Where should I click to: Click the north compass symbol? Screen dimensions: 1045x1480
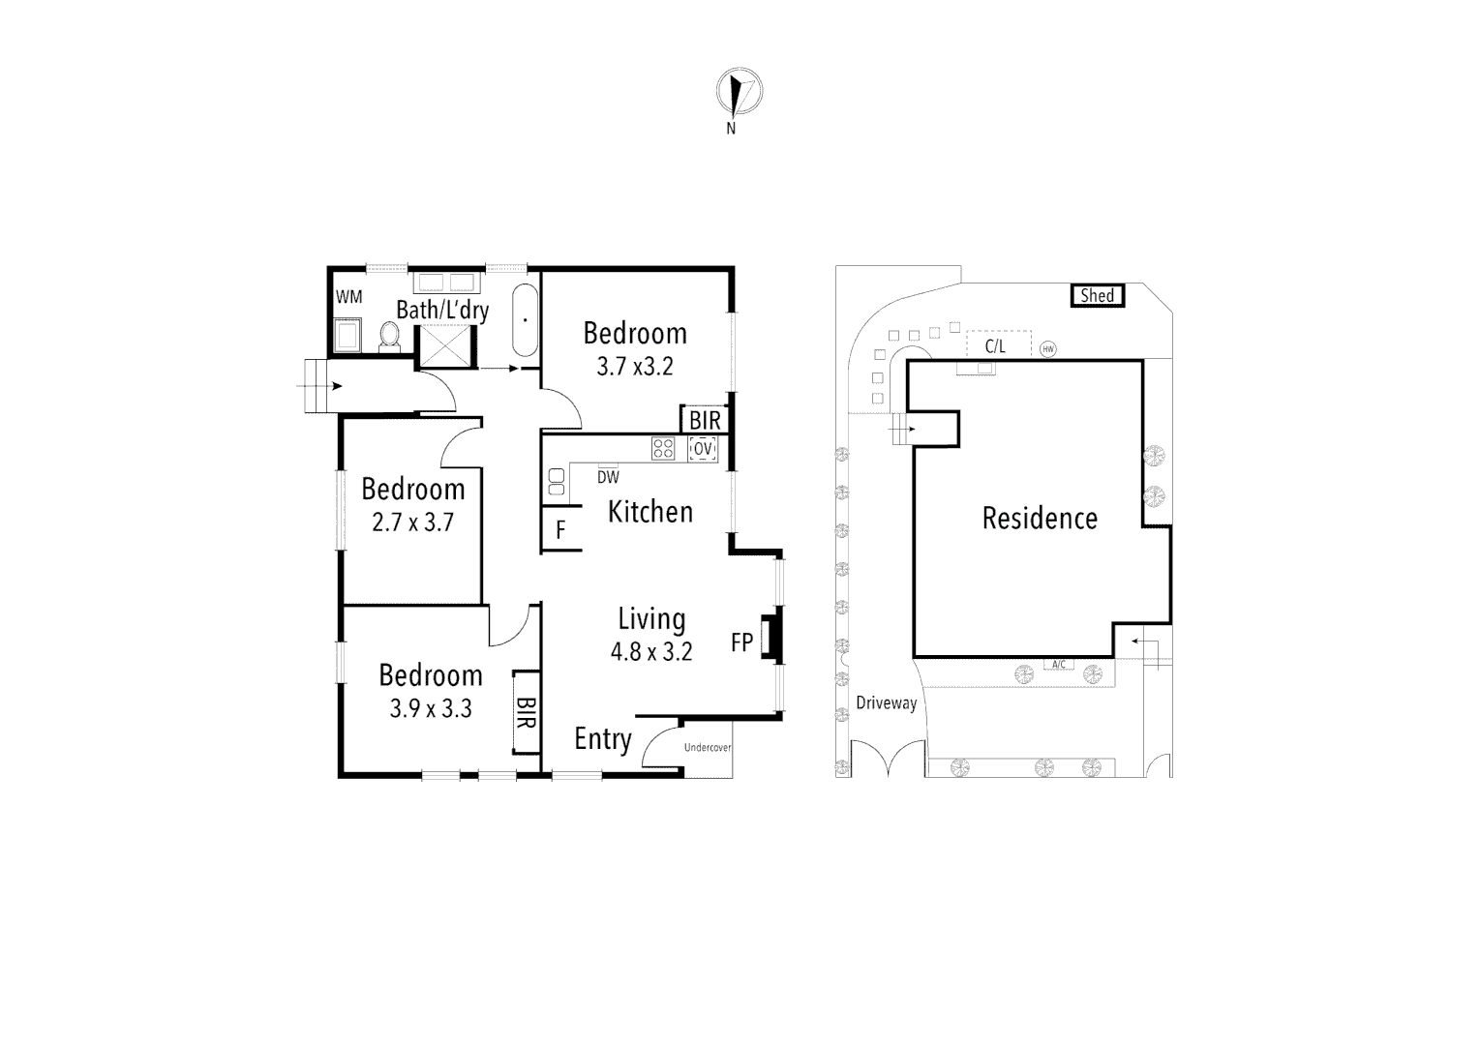point(739,94)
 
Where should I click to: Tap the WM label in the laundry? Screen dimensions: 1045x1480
point(348,297)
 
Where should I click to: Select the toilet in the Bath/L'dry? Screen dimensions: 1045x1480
point(390,335)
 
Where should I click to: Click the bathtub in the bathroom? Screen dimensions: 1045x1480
point(525,318)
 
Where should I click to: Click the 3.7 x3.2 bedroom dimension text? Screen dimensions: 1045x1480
point(634,367)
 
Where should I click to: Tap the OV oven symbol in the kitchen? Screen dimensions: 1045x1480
point(703,448)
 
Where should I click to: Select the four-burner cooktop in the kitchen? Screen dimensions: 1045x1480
point(663,448)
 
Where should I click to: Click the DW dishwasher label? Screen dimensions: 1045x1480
point(608,477)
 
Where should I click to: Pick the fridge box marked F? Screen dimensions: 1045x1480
point(560,531)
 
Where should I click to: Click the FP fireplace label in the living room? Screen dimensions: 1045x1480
point(741,642)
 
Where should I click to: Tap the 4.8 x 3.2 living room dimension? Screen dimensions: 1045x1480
point(650,652)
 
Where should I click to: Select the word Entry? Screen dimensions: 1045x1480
point(602,739)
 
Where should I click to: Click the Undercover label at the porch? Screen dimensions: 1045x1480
point(708,748)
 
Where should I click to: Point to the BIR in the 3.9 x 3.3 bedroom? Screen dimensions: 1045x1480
point(526,712)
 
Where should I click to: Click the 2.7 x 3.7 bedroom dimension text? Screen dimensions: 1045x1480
point(412,523)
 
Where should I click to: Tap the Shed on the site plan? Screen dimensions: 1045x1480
point(1097,295)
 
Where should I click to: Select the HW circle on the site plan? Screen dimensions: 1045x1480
point(1047,349)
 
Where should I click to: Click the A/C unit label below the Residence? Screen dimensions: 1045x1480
point(1058,665)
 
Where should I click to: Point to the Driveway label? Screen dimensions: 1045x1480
point(886,703)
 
